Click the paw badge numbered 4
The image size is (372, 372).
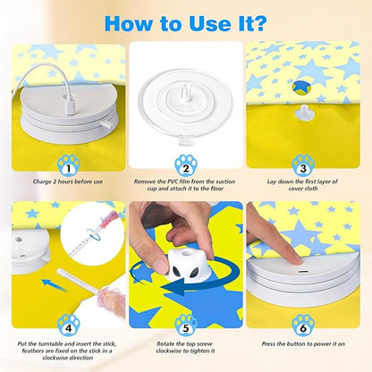pos(68,323)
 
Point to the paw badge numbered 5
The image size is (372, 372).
pos(186,323)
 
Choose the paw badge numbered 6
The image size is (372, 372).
pos(302,323)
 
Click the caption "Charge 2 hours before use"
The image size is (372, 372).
pos(68,182)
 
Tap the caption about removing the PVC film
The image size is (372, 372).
pos(186,185)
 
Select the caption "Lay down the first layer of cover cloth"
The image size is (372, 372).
pos(302,185)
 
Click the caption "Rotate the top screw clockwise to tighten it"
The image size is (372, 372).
pos(186,346)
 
